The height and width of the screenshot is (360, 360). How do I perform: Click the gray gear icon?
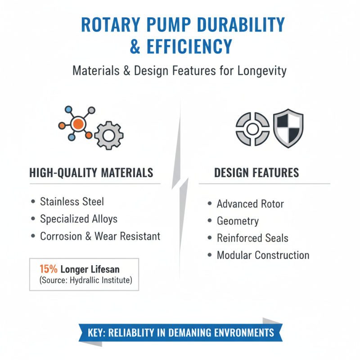click(x=108, y=135)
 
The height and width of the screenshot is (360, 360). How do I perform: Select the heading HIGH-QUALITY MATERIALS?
click(x=91, y=173)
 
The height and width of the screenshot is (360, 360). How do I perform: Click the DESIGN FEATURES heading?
click(x=256, y=173)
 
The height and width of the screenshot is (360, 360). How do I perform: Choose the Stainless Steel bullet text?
click(x=72, y=201)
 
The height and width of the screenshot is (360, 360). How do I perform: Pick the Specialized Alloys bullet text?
click(x=79, y=219)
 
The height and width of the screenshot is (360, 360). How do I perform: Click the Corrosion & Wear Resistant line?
click(x=100, y=236)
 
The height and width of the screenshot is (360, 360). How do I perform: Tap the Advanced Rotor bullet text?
click(x=250, y=204)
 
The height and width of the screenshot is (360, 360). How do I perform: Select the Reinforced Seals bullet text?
click(x=252, y=238)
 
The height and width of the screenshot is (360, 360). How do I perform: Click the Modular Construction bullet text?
click(x=263, y=255)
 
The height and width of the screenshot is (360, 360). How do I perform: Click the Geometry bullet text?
click(x=238, y=221)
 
